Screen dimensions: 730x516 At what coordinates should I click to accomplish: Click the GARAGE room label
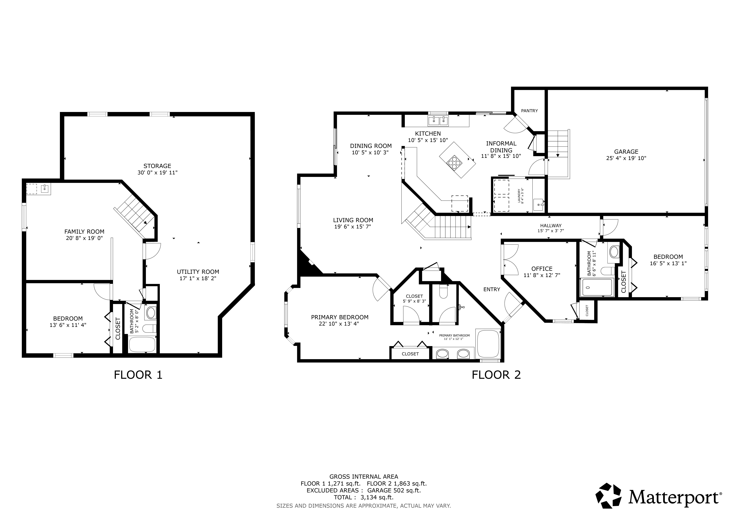click(626, 152)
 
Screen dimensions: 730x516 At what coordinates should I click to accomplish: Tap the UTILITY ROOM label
click(198, 272)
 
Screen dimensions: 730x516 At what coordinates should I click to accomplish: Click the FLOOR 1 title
click(138, 375)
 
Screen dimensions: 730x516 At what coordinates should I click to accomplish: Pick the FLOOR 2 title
click(496, 375)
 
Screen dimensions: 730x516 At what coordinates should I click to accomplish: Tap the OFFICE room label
click(542, 269)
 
